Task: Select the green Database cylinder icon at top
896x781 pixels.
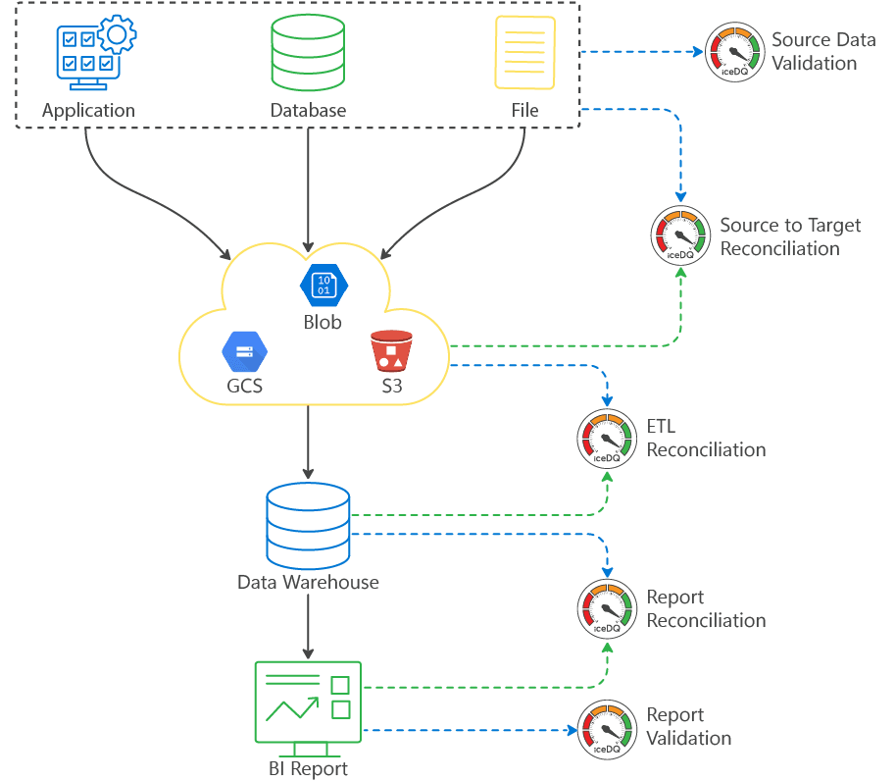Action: pyautogui.click(x=309, y=54)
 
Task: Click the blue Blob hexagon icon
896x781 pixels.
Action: pyautogui.click(x=324, y=285)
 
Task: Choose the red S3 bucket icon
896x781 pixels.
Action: pyautogui.click(x=391, y=351)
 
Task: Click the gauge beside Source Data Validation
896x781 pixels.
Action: pyautogui.click(x=733, y=52)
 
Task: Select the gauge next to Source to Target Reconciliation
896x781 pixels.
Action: pyautogui.click(x=680, y=236)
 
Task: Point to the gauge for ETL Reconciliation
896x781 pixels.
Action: pyautogui.click(x=607, y=438)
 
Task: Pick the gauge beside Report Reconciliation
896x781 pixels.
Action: pyautogui.click(x=607, y=609)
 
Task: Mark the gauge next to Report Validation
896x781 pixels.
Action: pyautogui.click(x=607, y=729)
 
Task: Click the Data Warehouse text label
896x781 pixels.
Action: pyautogui.click(x=308, y=583)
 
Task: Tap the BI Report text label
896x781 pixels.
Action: pyautogui.click(x=308, y=768)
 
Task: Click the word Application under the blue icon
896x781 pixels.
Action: pyautogui.click(x=88, y=111)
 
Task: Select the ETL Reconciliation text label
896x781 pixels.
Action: pyautogui.click(x=706, y=439)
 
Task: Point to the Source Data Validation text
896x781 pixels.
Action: pyautogui.click(x=822, y=52)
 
